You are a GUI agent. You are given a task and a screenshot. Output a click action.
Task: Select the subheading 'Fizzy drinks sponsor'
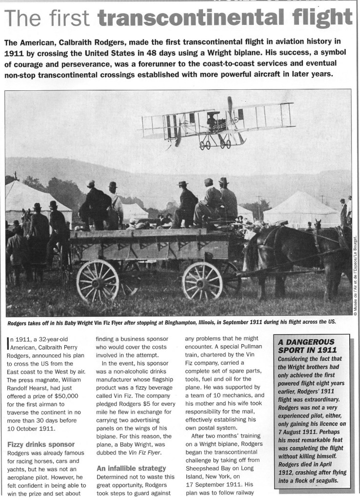(41, 444)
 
